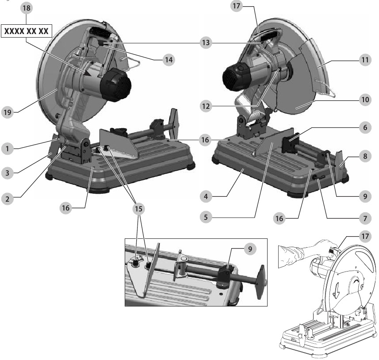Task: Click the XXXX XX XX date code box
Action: click(x=27, y=31)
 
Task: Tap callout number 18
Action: click(x=27, y=8)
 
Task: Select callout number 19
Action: click(x=8, y=112)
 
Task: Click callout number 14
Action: click(x=168, y=59)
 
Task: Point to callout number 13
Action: click(x=206, y=43)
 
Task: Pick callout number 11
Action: click(x=365, y=60)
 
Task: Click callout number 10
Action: click(x=365, y=100)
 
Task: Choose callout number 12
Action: click(x=206, y=106)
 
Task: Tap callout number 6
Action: click(x=365, y=127)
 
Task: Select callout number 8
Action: click(x=365, y=156)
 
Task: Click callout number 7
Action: click(x=365, y=218)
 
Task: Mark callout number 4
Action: click(x=206, y=196)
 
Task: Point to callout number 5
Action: click(x=206, y=217)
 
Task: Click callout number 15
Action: click(x=138, y=209)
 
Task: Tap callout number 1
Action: click(x=7, y=149)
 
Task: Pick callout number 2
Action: click(x=7, y=199)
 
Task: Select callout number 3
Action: click(x=7, y=173)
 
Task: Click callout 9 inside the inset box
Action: click(x=250, y=249)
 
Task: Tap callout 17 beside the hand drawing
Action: click(x=365, y=236)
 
